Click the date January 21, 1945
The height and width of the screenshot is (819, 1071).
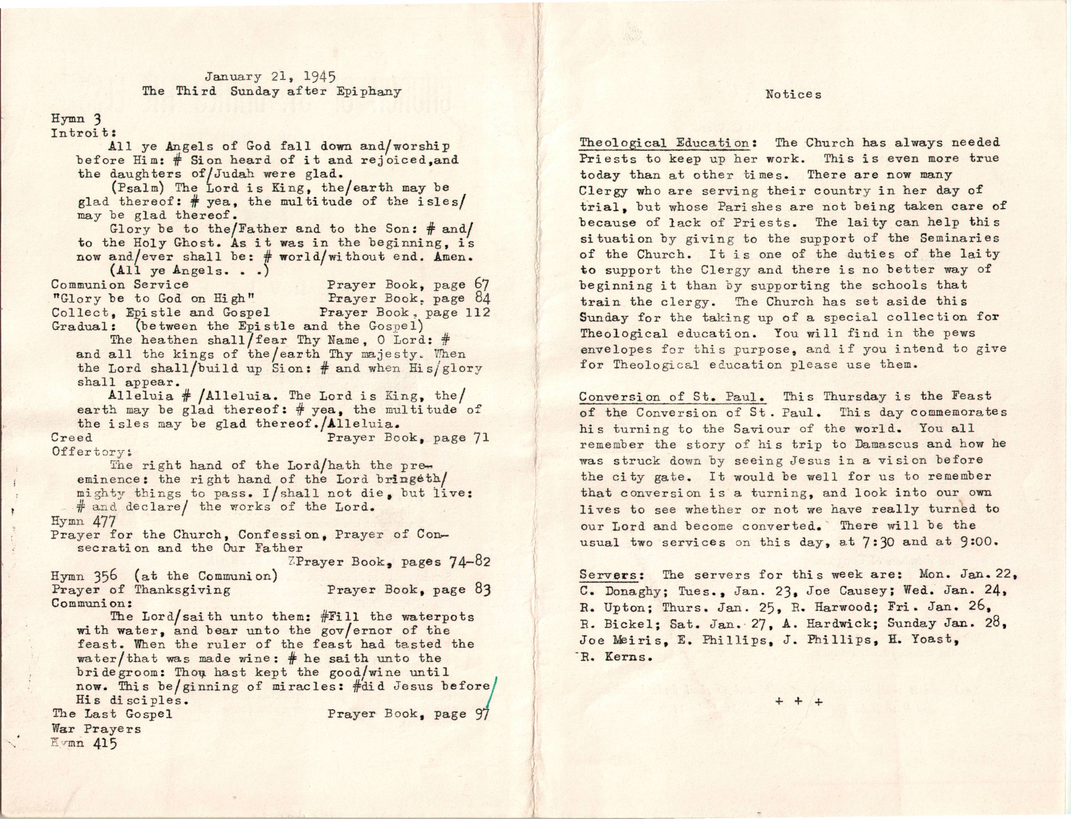[x=270, y=77]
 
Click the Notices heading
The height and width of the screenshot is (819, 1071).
[x=793, y=95]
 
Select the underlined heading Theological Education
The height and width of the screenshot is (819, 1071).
[x=664, y=143]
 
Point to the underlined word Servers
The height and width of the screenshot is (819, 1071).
[x=608, y=575]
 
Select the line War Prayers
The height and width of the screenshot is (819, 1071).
[x=96, y=729]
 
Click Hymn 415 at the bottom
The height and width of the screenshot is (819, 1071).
[x=84, y=743]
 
